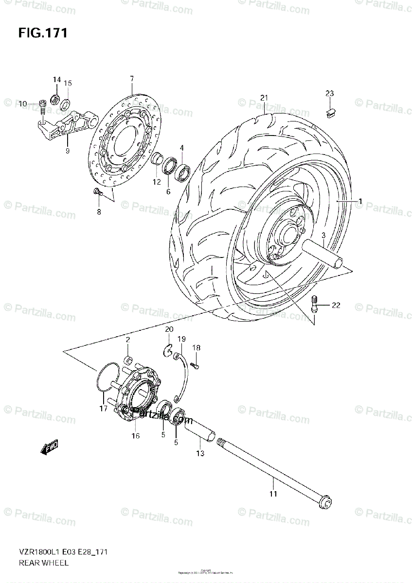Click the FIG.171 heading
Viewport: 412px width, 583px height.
43,33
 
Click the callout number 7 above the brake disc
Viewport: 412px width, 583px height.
131,79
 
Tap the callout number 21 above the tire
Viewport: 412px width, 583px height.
264,98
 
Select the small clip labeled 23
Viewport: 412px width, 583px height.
330,113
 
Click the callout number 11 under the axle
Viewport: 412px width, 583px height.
273,494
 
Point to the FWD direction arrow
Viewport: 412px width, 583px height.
50,447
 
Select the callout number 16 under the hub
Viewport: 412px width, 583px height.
136,436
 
